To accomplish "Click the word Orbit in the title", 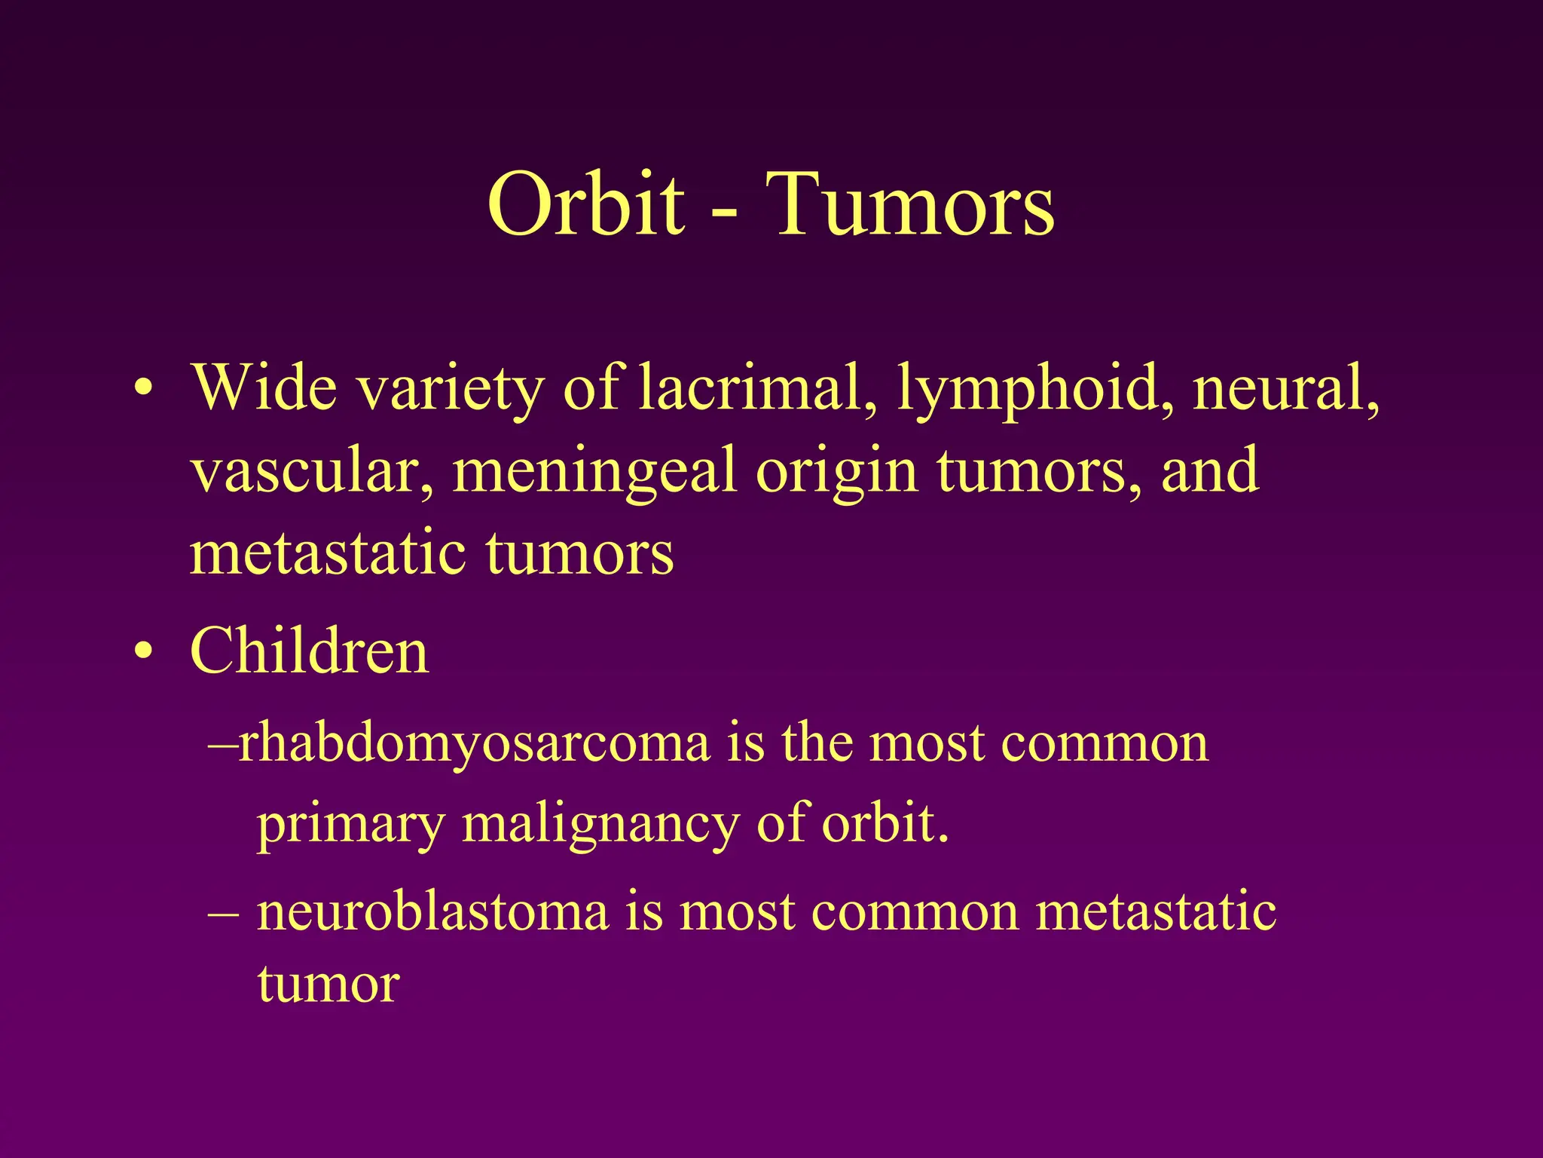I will (x=586, y=205).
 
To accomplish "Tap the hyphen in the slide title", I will (x=725, y=215).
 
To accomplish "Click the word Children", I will (x=310, y=651).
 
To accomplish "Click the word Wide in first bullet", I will (x=264, y=388).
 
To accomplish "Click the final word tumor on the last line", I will (x=328, y=985).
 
